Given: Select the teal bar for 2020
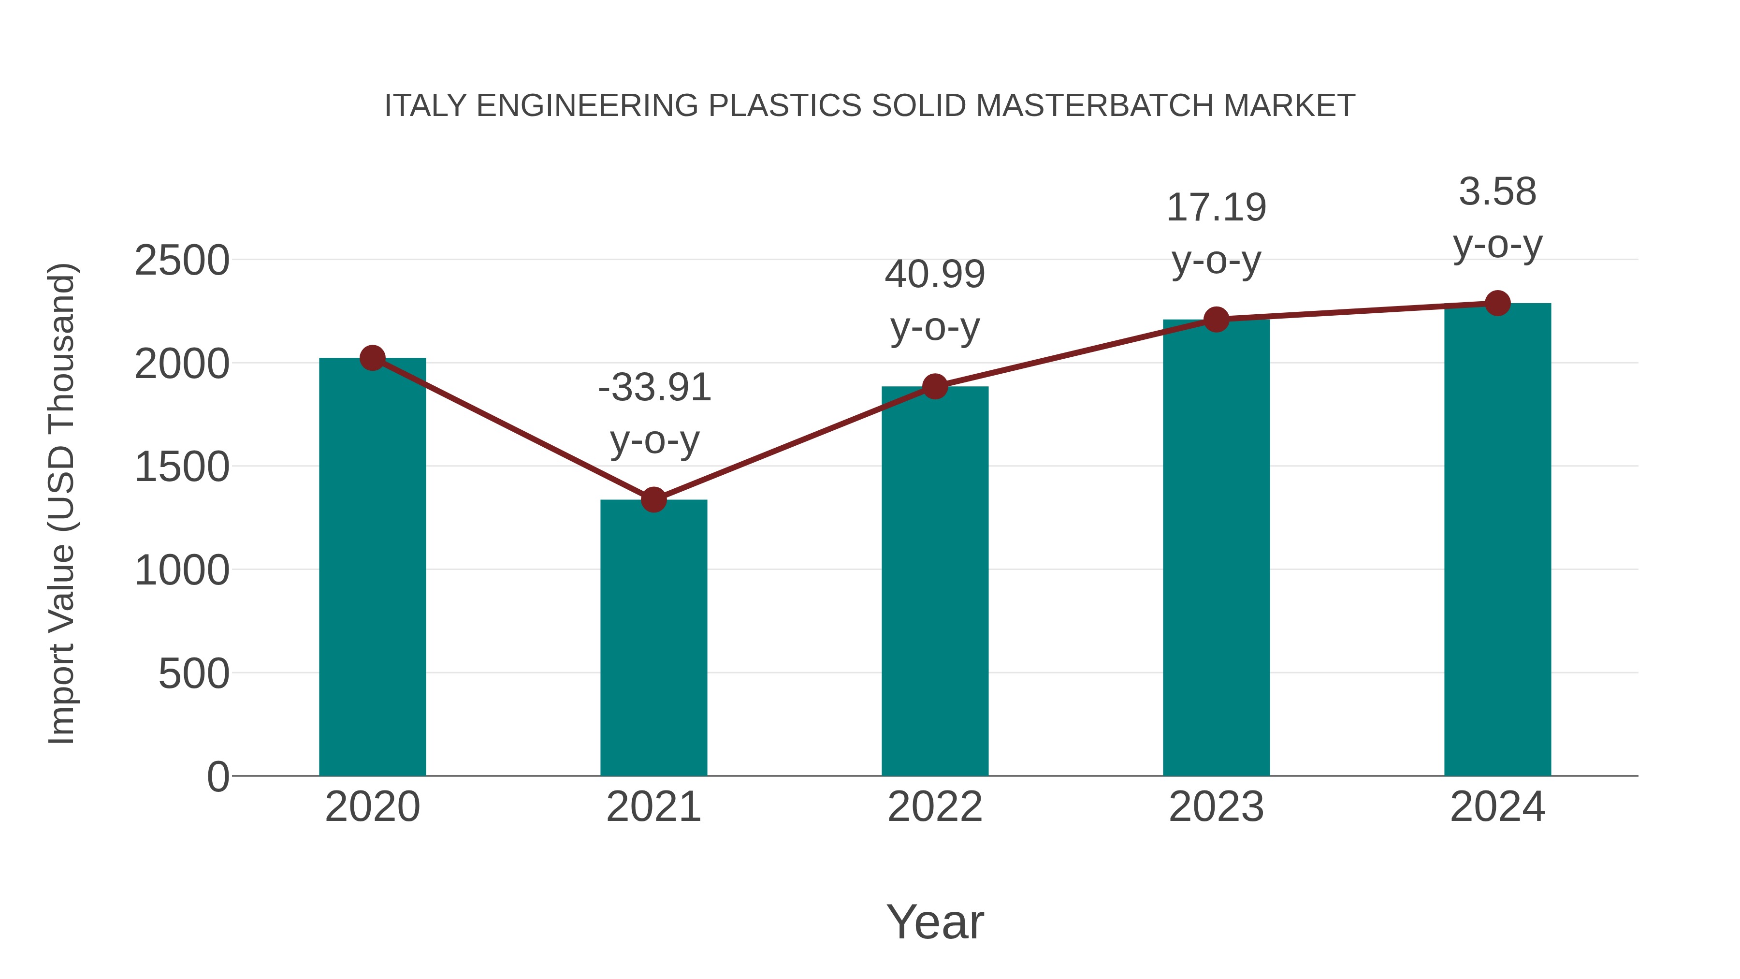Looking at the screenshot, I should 372,568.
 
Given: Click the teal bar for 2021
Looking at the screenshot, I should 653,639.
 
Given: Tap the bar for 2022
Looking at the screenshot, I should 935,581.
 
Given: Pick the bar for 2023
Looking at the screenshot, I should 1216,547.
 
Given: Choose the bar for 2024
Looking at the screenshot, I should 1497,541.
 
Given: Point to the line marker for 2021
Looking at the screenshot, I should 653,500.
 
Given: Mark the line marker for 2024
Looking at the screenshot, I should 1497,303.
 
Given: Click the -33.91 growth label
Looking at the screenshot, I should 654,388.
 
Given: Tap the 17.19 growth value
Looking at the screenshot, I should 1216,207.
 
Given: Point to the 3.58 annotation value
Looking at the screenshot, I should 1497,192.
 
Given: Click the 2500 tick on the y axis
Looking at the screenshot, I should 182,261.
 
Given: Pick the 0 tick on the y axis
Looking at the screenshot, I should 217,777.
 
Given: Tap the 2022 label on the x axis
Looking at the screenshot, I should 935,807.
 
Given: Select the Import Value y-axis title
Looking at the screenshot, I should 62,503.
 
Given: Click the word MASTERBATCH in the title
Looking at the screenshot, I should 1094,106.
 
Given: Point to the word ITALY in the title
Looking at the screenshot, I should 425,106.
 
